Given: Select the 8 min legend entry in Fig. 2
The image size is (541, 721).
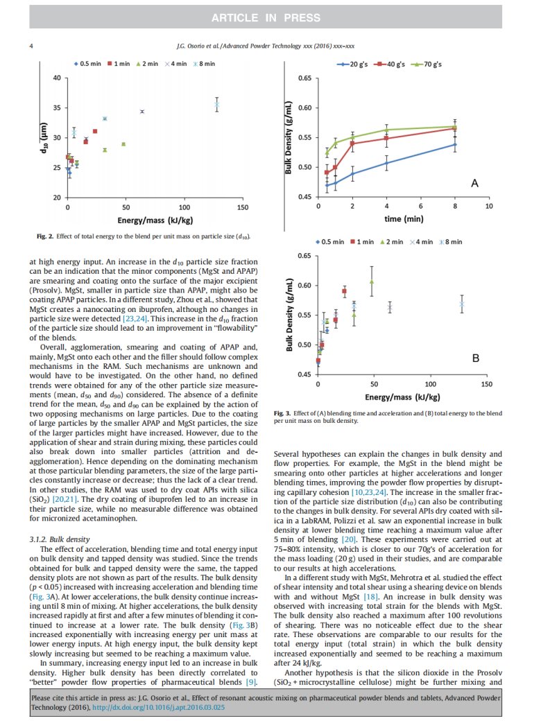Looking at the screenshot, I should (205, 64).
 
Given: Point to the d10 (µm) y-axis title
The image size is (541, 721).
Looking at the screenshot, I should (44, 137).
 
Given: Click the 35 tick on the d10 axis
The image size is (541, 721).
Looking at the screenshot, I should (57, 108).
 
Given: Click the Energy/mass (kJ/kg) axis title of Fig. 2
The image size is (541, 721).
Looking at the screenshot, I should (155, 220).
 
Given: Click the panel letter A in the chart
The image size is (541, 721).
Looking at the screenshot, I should (474, 182).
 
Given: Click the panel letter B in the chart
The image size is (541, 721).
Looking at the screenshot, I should (475, 358).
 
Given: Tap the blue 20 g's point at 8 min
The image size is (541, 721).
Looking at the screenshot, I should (455, 144).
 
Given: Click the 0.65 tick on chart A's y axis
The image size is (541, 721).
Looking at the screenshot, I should (304, 78).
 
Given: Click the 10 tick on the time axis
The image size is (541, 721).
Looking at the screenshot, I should (489, 207).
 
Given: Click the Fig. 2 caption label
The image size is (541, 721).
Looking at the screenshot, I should (46, 236).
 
